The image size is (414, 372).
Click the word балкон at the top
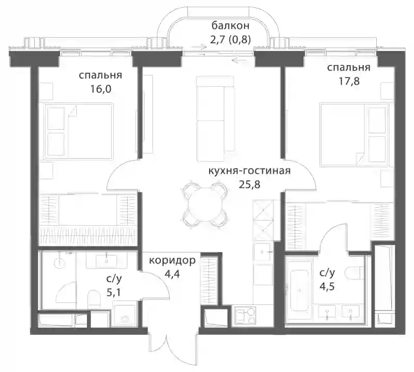(230, 26)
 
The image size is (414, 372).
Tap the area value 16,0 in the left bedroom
(100, 89)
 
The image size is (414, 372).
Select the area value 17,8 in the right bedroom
(349, 81)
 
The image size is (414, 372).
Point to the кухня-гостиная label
(249, 171)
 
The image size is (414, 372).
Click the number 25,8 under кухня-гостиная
(249, 184)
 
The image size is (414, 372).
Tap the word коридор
(172, 260)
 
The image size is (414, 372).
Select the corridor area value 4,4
(172, 274)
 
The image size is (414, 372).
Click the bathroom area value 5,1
(114, 292)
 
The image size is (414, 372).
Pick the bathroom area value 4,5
(327, 286)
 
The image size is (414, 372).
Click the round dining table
(203, 206)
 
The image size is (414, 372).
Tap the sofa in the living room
(215, 119)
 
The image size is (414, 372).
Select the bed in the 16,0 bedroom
(79, 131)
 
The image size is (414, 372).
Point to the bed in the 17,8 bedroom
(354, 135)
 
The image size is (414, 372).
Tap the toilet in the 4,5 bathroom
(354, 273)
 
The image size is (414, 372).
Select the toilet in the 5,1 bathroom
(94, 299)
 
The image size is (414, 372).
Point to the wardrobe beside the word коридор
(210, 281)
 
